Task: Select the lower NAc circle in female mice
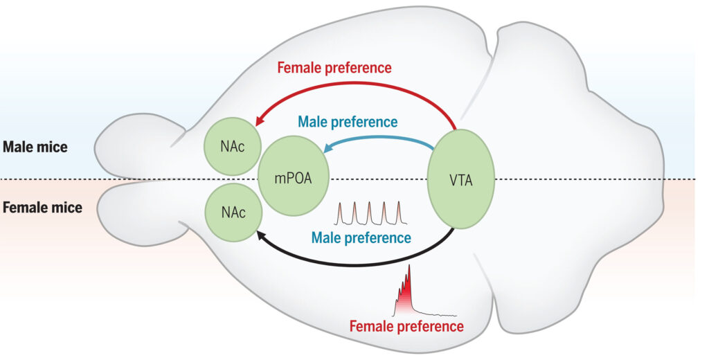click(x=233, y=212)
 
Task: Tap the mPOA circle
click(x=294, y=178)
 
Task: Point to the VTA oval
click(x=461, y=179)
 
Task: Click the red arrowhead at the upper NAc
click(x=260, y=120)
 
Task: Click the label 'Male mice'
click(x=35, y=147)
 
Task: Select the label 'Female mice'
click(x=42, y=208)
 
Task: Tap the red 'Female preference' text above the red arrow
click(x=334, y=67)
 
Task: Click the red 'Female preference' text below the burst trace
click(x=406, y=326)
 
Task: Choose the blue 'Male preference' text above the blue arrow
click(x=348, y=122)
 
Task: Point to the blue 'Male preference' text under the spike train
click(x=361, y=237)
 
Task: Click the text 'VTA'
click(x=461, y=181)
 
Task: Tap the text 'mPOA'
click(x=294, y=178)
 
